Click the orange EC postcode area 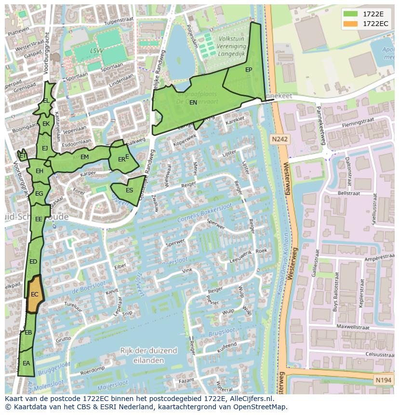point(35,294)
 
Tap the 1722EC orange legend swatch point(350,23)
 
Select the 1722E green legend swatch point(350,13)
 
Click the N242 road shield point(279,139)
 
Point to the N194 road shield point(383,381)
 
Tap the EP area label point(249,70)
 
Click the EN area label point(193,103)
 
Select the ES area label point(129,190)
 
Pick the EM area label point(84,157)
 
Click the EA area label point(26,363)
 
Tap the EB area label point(28,333)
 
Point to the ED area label point(33,262)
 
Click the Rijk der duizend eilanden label point(149,355)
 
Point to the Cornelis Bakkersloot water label point(204,213)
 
